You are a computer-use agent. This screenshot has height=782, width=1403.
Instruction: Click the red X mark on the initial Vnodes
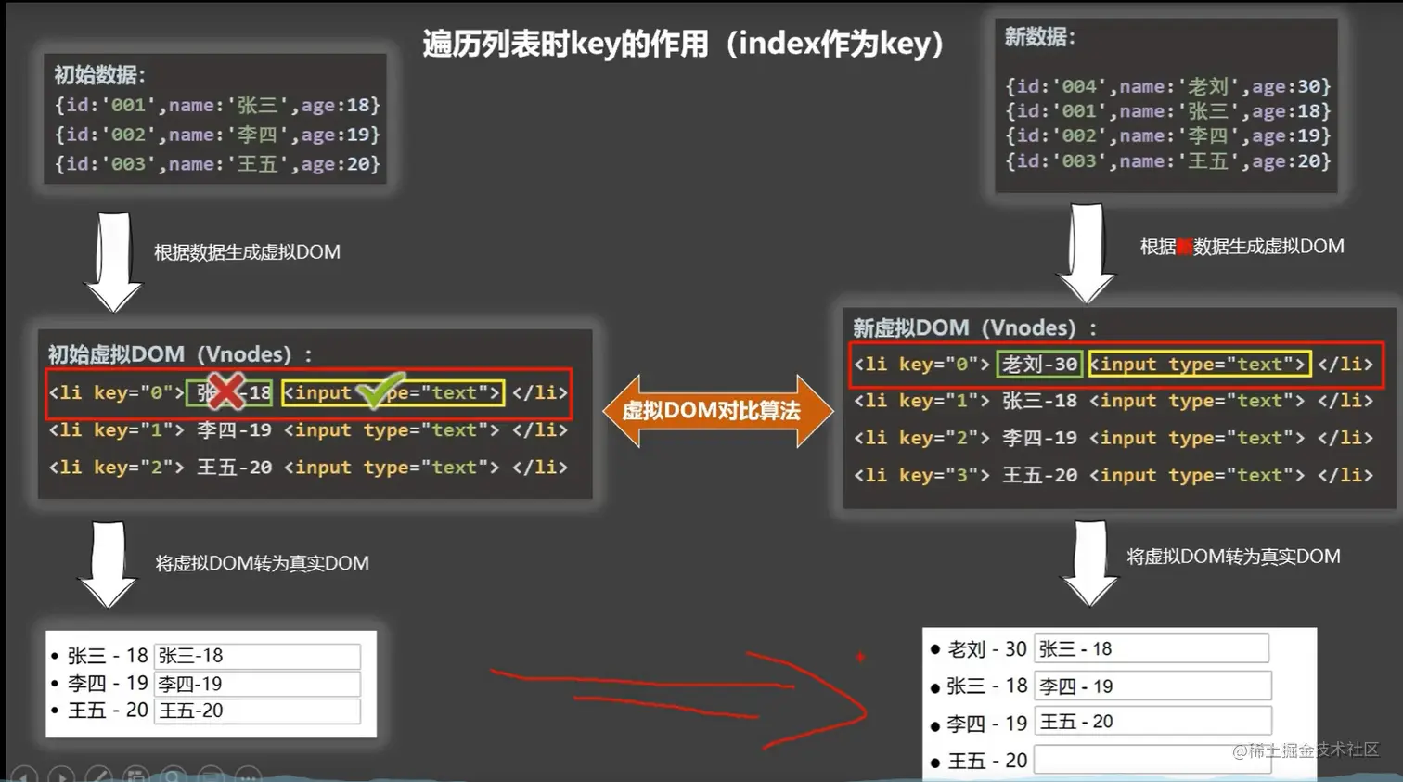[x=225, y=391]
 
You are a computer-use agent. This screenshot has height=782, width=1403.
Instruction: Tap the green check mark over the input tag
[x=380, y=391]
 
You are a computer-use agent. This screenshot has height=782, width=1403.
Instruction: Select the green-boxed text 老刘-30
[x=1039, y=364]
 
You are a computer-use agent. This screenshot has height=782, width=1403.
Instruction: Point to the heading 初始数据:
[x=99, y=75]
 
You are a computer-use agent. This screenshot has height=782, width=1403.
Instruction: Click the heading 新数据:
[x=1039, y=37]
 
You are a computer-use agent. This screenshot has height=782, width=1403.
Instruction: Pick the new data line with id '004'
[x=1167, y=86]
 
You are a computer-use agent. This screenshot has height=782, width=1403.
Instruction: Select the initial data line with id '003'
[x=217, y=164]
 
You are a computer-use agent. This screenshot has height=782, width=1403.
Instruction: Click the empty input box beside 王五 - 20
[x=1152, y=760]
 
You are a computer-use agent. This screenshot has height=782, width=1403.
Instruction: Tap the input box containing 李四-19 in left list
[x=257, y=684]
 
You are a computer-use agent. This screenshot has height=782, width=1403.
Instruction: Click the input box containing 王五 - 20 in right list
[x=1152, y=721]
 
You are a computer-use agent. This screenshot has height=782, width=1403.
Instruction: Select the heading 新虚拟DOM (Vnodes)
[x=974, y=327]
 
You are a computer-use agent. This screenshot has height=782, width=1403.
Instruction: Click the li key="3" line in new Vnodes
[x=1113, y=475]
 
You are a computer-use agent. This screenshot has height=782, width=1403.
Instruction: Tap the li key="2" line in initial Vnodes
[x=308, y=468]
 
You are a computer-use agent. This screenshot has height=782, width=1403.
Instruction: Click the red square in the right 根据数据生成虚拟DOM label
[x=1185, y=247]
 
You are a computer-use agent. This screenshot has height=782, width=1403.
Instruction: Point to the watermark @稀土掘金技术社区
[x=1306, y=750]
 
